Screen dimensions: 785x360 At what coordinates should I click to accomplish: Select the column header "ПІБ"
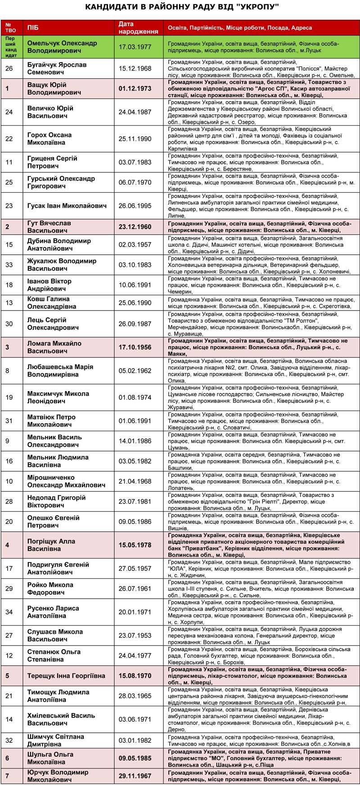click(33, 28)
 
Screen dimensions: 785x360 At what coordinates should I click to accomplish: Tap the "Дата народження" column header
click(139, 28)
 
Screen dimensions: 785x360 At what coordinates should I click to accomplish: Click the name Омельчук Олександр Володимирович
click(62, 47)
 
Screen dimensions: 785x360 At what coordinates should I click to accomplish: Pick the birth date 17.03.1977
click(135, 47)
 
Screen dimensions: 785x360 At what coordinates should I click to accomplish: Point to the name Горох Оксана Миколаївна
click(49, 139)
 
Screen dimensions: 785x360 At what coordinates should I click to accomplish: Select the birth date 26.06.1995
click(135, 206)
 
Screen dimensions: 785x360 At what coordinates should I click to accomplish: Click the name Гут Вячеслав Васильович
click(49, 227)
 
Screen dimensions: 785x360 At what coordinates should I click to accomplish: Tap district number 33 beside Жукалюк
click(9, 265)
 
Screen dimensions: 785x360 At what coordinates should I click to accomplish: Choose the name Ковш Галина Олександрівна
click(52, 302)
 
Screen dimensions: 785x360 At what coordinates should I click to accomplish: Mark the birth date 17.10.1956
click(135, 347)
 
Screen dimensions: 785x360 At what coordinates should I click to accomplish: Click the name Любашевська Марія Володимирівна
click(60, 370)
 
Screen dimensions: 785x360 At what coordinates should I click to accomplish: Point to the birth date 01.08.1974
click(135, 397)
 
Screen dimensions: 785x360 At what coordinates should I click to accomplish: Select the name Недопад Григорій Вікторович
click(56, 501)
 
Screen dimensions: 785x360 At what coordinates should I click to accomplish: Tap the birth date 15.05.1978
click(135, 545)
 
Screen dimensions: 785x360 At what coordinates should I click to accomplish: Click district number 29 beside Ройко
click(9, 588)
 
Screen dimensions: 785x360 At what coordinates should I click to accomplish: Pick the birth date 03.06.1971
click(135, 719)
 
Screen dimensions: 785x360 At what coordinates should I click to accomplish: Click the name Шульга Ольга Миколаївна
click(50, 758)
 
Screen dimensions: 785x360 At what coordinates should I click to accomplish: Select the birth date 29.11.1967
click(135, 776)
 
